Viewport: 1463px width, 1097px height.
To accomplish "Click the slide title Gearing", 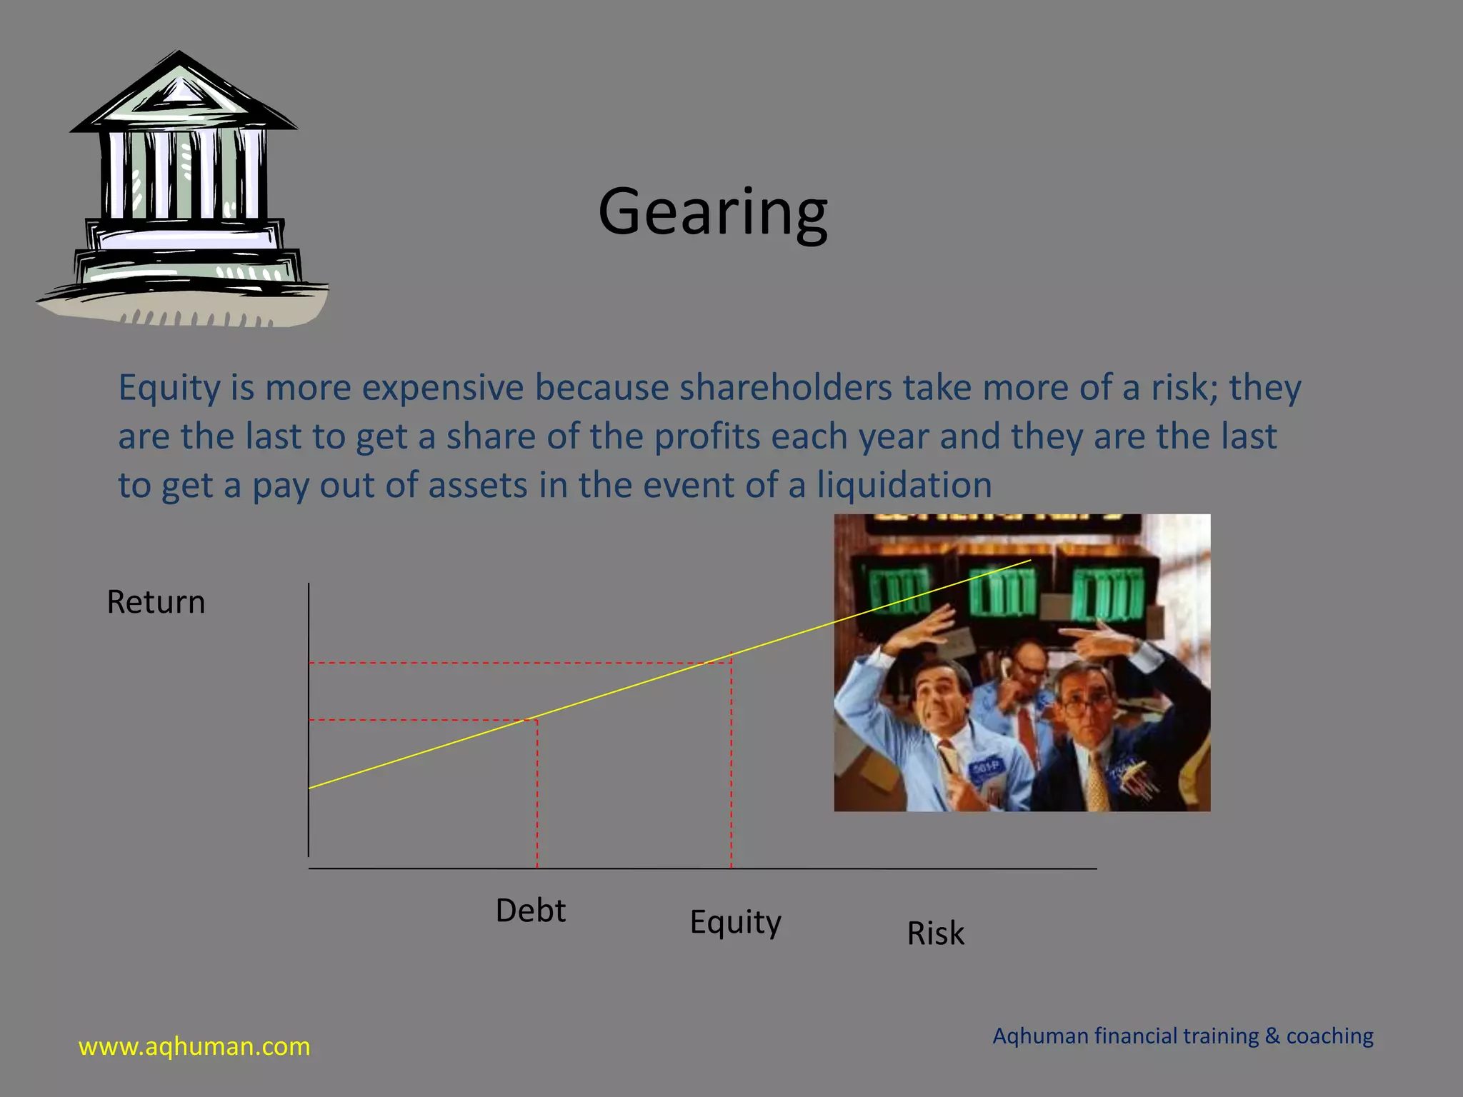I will point(713,212).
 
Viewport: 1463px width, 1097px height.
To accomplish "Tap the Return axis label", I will point(156,602).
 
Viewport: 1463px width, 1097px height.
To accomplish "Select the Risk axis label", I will point(935,933).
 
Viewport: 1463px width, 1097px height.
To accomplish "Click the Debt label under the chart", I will point(530,911).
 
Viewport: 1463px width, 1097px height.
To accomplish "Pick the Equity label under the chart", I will point(735,922).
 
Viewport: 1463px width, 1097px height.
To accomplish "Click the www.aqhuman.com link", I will point(194,1046).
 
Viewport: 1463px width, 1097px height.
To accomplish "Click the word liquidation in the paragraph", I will point(904,485).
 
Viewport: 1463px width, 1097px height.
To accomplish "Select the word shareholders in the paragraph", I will point(785,388).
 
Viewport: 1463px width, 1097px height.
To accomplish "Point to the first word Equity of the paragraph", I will point(169,388).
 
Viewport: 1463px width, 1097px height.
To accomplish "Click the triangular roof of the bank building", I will point(179,93).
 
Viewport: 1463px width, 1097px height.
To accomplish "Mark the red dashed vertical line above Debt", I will point(537,793).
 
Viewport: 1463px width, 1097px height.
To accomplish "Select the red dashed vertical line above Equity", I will point(731,764).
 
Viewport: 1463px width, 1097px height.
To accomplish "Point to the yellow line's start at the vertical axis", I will point(310,788).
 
